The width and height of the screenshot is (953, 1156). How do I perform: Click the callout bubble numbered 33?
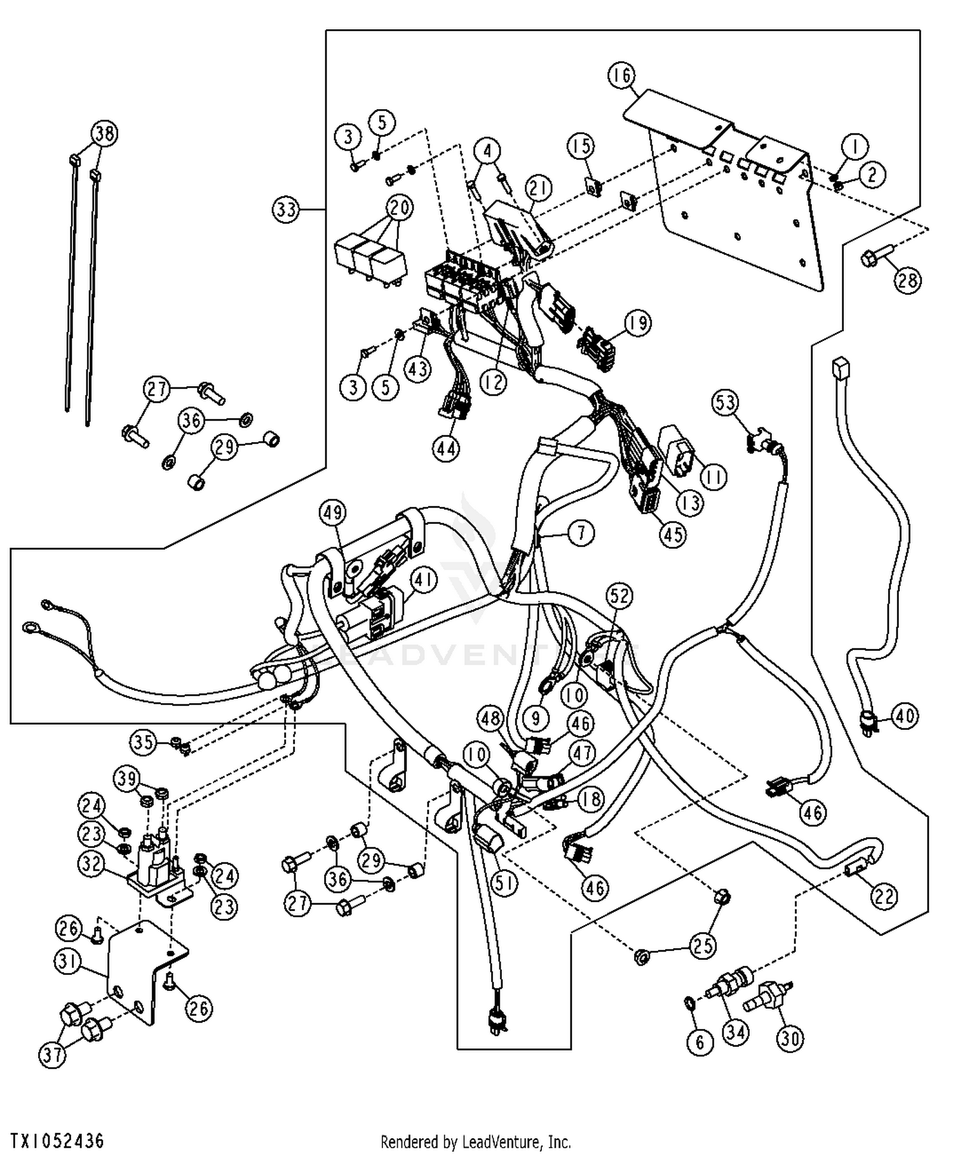(x=287, y=209)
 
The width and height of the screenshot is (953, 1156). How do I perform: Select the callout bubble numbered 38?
(x=105, y=133)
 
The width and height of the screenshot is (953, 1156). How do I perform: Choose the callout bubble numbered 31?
(x=67, y=962)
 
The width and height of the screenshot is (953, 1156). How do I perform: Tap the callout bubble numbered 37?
(x=53, y=1055)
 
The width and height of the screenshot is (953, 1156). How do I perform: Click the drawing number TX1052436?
(x=57, y=1140)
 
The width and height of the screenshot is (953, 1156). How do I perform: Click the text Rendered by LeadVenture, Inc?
(x=476, y=1141)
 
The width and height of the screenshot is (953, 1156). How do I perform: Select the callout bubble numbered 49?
(x=332, y=512)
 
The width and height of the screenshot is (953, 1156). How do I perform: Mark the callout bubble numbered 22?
(x=884, y=896)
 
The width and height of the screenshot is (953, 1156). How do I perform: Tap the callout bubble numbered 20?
(x=400, y=208)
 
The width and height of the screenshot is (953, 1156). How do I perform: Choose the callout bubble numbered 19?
(x=638, y=323)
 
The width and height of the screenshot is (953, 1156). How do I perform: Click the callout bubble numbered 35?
(x=144, y=742)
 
